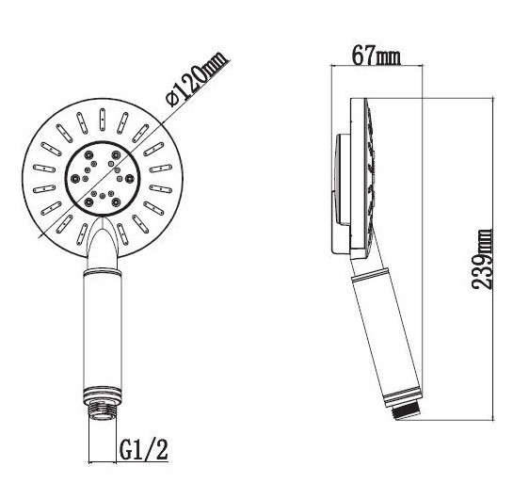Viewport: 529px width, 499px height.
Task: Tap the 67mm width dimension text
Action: coord(377,56)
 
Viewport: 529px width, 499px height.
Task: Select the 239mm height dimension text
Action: coord(482,259)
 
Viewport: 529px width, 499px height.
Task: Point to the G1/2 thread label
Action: coord(143,449)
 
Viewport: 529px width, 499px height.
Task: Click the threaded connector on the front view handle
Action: coord(103,410)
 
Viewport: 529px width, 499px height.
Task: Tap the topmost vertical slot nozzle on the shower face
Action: coord(103,119)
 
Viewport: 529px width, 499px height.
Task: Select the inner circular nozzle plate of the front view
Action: coord(103,178)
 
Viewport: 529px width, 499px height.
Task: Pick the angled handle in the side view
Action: coord(385,334)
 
